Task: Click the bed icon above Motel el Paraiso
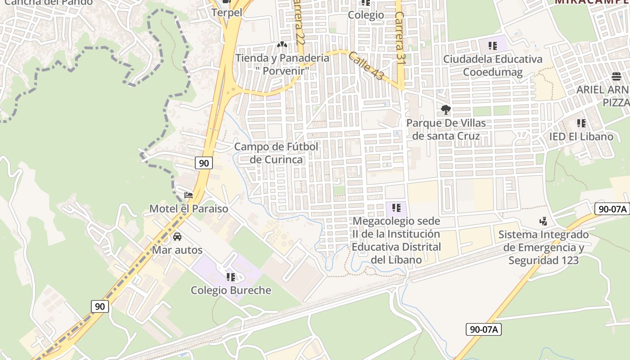[189, 195]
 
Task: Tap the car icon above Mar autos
[177, 237]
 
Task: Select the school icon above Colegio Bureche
[231, 277]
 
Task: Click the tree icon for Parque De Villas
[446, 110]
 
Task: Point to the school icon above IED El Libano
[581, 123]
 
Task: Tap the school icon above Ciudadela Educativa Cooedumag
[493, 45]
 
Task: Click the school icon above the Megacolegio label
[396, 207]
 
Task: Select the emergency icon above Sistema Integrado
[544, 221]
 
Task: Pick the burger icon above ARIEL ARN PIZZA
[616, 76]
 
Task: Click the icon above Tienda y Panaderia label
[282, 45]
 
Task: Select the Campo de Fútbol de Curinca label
[276, 153]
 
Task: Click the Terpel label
[227, 13]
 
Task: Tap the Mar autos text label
[177, 250]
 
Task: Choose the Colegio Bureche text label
[231, 290]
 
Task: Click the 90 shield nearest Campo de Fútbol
[204, 163]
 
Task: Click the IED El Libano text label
[581, 136]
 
